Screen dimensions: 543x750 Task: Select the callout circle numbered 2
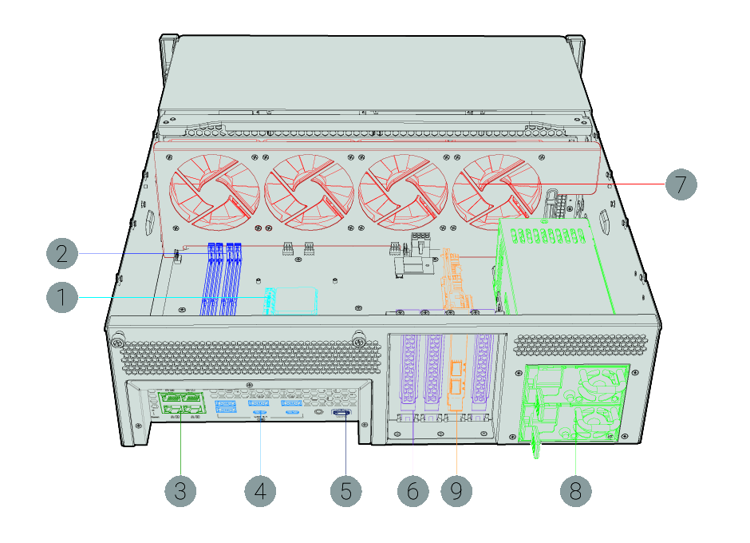click(x=62, y=254)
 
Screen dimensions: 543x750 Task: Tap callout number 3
click(x=180, y=490)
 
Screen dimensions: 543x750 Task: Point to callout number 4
click(x=260, y=490)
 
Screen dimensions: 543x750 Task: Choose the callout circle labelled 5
click(x=345, y=490)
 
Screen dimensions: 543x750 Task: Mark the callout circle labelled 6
click(x=412, y=490)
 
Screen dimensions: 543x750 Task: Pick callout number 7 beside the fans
click(x=681, y=184)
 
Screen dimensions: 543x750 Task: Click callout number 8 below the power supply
click(x=576, y=490)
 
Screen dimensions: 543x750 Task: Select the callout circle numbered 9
click(x=456, y=490)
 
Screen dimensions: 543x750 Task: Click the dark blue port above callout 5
click(x=340, y=413)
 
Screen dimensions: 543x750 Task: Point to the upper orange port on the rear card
click(x=456, y=369)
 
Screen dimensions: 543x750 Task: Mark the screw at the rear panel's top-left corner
click(x=117, y=343)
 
